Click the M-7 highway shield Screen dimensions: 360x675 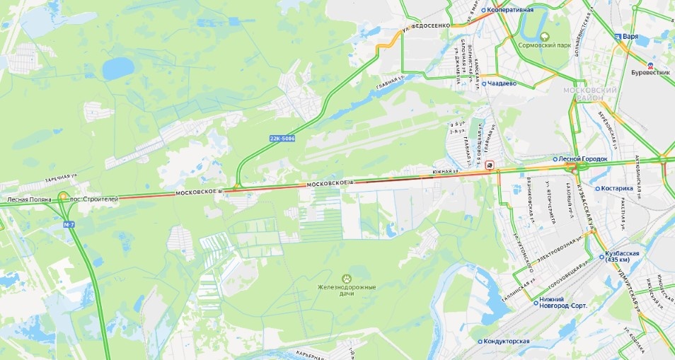(x=69, y=224)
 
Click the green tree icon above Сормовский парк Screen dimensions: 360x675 (x=544, y=36)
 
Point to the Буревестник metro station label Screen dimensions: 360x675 (x=649, y=73)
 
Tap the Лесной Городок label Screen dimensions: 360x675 (x=582, y=159)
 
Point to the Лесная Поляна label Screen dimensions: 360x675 (x=29, y=199)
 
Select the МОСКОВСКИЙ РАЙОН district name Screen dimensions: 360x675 (x=590, y=95)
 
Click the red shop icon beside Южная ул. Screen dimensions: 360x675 (x=490, y=165)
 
